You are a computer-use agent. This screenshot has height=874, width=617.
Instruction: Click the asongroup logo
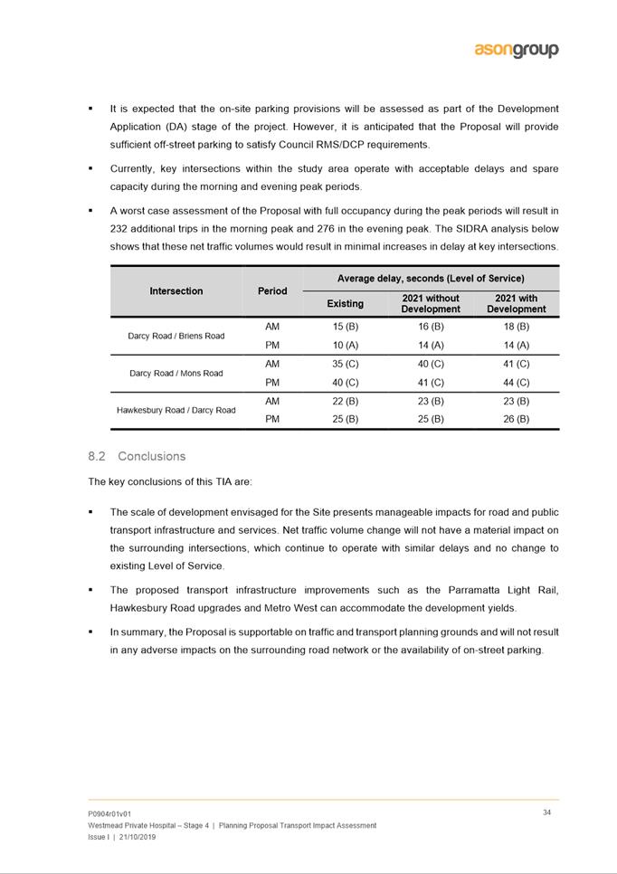tap(516, 51)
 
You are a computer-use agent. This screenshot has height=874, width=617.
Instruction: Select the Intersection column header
tap(176, 291)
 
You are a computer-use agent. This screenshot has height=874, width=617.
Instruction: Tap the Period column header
tap(272, 291)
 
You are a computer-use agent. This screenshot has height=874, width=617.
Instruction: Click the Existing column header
tap(345, 304)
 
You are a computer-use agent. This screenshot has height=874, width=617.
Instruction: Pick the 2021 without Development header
tap(431, 303)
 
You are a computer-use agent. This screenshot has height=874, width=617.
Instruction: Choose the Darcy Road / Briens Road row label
tap(176, 336)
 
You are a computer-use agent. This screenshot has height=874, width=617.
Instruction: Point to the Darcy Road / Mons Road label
tap(176, 373)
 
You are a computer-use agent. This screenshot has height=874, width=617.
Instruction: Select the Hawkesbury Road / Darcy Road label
tap(176, 410)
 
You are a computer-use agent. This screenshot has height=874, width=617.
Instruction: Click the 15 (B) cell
tap(345, 327)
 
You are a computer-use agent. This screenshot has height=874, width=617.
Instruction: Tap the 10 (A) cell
tap(345, 345)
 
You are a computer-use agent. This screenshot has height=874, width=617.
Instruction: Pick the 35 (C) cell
tap(345, 364)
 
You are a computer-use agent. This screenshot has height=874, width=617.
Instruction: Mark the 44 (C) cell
tap(516, 382)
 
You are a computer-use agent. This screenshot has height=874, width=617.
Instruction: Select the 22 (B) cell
tap(345, 401)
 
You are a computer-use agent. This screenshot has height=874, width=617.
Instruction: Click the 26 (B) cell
tap(516, 419)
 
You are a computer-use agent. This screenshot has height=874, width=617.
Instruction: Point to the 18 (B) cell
tap(516, 327)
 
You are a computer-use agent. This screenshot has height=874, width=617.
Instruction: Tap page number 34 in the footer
tap(547, 812)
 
